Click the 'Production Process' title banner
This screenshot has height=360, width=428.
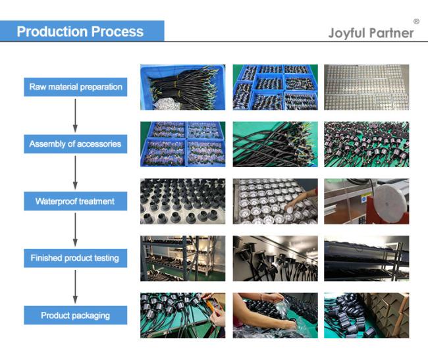(82, 31)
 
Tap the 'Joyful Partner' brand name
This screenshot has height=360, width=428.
(371, 33)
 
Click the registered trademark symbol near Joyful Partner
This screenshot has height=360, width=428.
(416, 21)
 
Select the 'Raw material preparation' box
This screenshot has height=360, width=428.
(75, 87)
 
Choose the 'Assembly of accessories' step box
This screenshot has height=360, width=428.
(75, 144)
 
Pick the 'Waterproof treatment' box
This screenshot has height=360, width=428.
(75, 201)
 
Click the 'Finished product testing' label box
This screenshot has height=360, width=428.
(75, 258)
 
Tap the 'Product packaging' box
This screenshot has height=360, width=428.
(75, 315)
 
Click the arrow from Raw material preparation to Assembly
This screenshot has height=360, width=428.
(75, 116)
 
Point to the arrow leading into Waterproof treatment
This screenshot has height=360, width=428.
(75, 172)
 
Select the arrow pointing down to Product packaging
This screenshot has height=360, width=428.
(75, 287)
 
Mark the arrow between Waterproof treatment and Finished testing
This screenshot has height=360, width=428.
(75, 230)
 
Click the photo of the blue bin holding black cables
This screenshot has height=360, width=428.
(183, 88)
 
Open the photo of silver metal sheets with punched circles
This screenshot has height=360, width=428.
(367, 88)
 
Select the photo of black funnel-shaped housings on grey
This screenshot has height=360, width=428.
(183, 201)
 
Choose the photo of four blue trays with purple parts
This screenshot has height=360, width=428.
(183, 144)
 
